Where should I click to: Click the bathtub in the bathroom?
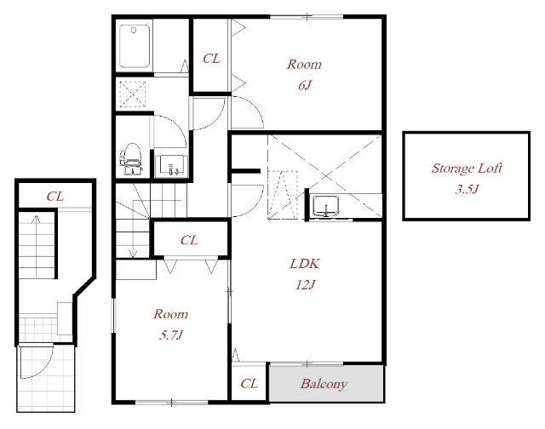pyautogui.click(x=135, y=46)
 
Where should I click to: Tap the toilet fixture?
pyautogui.click(x=131, y=159)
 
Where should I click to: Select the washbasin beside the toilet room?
pyautogui.click(x=171, y=166)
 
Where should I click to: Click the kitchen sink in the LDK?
pyautogui.click(x=325, y=206)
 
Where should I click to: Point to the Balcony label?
pyautogui.click(x=324, y=384)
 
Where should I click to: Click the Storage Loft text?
pyautogui.click(x=467, y=169)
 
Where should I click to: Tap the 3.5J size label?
pyautogui.click(x=467, y=189)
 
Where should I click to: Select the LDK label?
pyautogui.click(x=305, y=264)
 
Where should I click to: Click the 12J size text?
pyautogui.click(x=305, y=285)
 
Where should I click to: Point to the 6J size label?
pyautogui.click(x=305, y=85)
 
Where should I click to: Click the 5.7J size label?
pyautogui.click(x=170, y=335)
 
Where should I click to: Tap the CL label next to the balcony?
pyautogui.click(x=249, y=384)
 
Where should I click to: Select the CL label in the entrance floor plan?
pyautogui.click(x=55, y=197)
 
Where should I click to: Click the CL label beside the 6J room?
pyautogui.click(x=211, y=59)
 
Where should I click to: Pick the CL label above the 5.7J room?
pyautogui.click(x=189, y=240)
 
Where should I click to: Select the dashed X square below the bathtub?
pyautogui.click(x=133, y=94)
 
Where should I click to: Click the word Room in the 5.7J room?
pyautogui.click(x=170, y=314)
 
